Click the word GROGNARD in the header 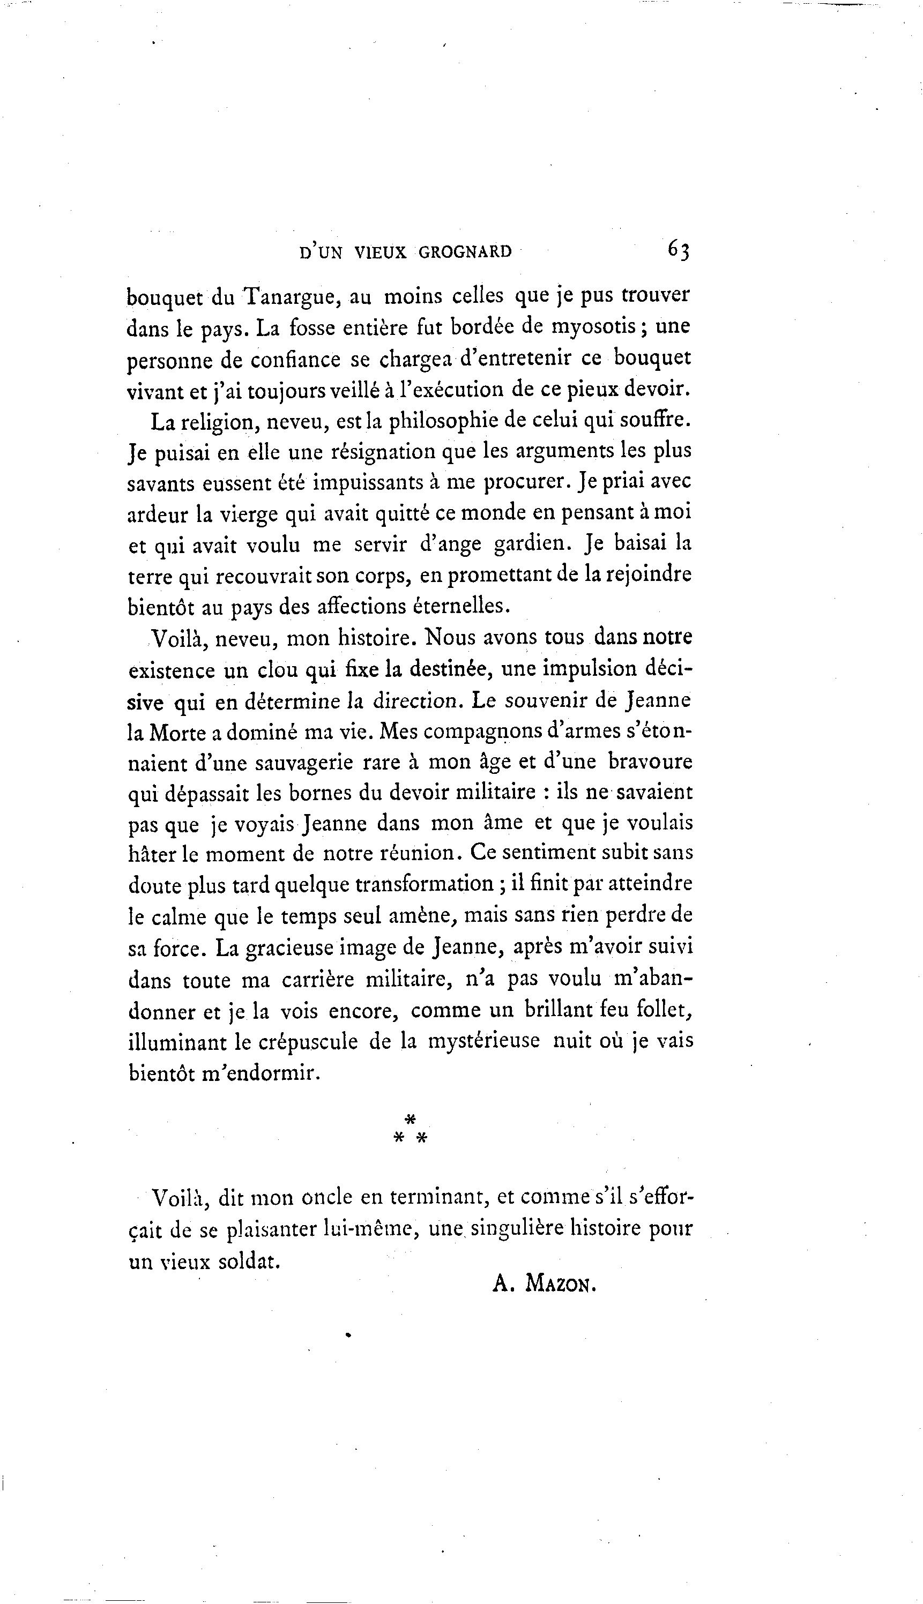(465, 252)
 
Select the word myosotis (594, 327)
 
